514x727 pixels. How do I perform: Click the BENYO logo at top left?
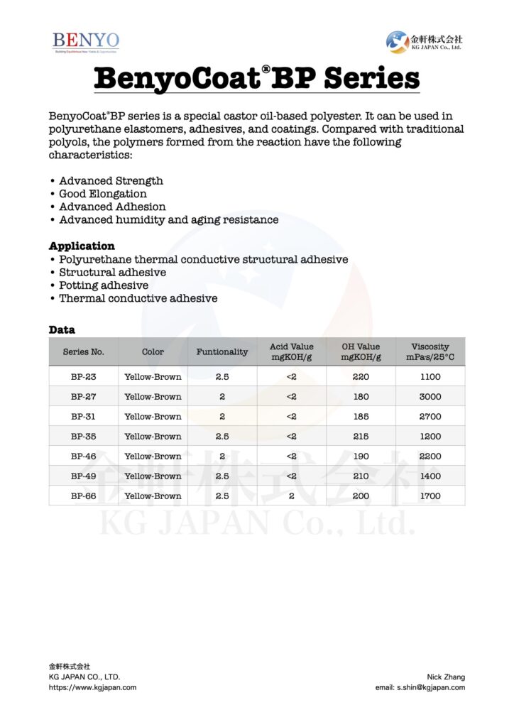pos(86,41)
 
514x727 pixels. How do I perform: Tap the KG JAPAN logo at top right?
pos(424,41)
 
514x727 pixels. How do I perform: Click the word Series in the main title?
pos(371,78)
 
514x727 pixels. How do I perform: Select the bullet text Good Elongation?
pos(103,194)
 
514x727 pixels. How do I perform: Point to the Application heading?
pos(82,246)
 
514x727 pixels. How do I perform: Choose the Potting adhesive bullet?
pos(104,285)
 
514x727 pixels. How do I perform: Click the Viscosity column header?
pos(430,351)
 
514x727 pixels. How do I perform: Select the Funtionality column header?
pos(222,351)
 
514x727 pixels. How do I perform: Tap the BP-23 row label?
pos(83,377)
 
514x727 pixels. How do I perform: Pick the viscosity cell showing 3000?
pos(430,397)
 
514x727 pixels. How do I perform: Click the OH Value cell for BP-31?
pos(361,417)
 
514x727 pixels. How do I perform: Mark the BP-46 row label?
pos(83,457)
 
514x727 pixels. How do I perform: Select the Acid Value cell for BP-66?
pos(291,496)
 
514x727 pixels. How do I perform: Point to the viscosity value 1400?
pos(430,476)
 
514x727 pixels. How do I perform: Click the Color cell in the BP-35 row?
pos(153,437)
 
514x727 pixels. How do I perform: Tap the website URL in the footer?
pos(92,687)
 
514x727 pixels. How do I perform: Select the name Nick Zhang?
pos(446,677)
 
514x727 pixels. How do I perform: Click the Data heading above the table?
pos(62,330)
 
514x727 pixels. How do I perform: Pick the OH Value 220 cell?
pos(361,377)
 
